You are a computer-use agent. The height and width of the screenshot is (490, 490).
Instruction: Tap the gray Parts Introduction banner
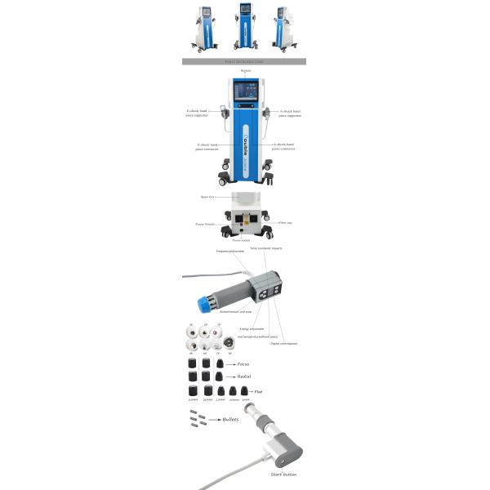(243, 61)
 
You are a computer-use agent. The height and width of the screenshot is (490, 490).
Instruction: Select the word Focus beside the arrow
(243, 363)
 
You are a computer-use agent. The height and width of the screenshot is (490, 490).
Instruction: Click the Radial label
(243, 377)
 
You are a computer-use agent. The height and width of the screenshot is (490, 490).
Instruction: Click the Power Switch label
(205, 222)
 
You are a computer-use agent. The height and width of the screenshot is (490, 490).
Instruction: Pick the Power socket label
(242, 241)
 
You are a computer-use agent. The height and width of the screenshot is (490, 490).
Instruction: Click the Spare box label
(207, 197)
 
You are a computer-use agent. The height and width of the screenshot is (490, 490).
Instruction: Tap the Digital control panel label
(281, 344)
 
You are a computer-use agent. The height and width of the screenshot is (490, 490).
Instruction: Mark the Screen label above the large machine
(244, 71)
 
